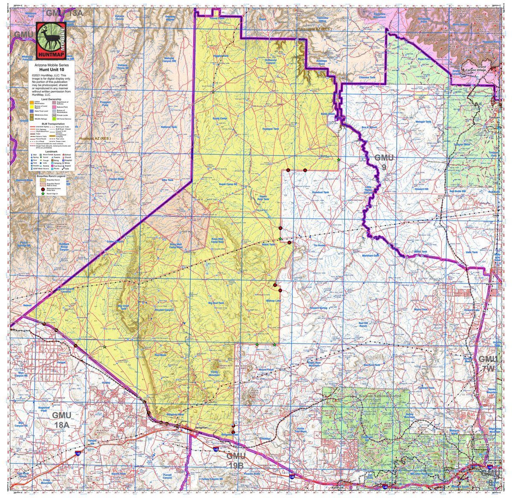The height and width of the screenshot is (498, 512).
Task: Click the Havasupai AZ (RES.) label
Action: pyautogui.click(x=314, y=29)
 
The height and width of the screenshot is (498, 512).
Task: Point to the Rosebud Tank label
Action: pyautogui.click(x=320, y=192)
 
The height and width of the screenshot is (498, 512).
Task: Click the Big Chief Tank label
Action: pyautogui.click(x=123, y=307)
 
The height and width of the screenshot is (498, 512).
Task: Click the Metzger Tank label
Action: pyautogui.click(x=423, y=122)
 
